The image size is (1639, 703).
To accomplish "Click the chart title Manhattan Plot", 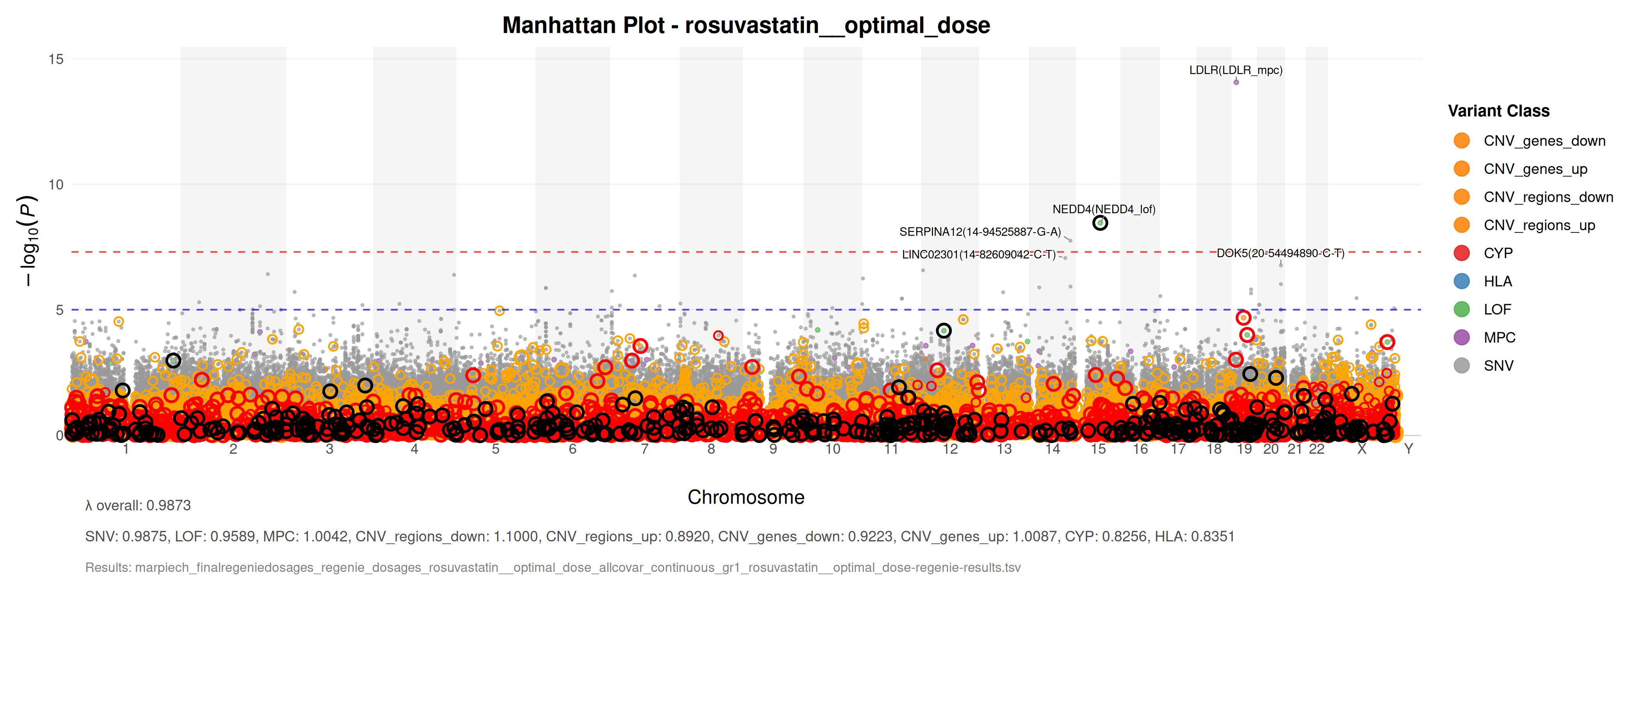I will point(746,25).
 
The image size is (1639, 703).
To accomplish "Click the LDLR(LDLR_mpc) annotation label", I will point(1235,70).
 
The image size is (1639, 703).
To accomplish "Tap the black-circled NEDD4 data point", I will point(1100,223).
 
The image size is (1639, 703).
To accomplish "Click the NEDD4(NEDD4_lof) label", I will point(1104,209).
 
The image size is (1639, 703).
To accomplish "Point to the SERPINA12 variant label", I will point(980,232).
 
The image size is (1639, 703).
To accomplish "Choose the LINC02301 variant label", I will point(979,255).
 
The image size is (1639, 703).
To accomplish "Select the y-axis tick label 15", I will point(56,59).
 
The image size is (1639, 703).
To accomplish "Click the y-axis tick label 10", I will point(56,185).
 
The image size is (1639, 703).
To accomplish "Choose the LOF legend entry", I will point(1497,309).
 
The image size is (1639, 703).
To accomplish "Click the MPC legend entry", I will point(1499,337).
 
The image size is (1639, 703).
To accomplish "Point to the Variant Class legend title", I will point(1499,111).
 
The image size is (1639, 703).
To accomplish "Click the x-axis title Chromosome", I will point(746,497).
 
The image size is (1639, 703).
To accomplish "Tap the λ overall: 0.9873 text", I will point(138,506).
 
